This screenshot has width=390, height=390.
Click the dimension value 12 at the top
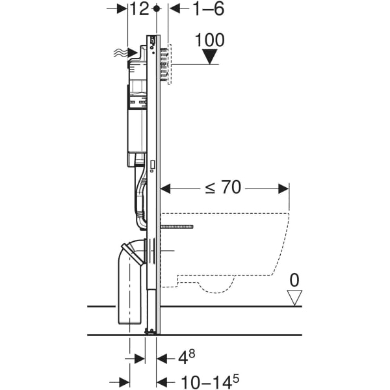pos(140,9)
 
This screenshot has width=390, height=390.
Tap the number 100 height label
pos(209,40)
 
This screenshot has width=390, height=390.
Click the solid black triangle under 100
pos(209,57)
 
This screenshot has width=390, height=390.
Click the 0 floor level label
pos(294,281)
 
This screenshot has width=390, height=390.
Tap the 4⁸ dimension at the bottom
pos(187,357)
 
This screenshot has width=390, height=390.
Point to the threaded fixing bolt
pos(177,227)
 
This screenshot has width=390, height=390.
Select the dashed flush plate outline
pos(168,64)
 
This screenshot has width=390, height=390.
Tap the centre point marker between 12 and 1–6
pos(156,9)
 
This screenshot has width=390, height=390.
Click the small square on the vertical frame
pos(151,165)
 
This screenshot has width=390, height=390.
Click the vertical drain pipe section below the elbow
pos(129,292)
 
